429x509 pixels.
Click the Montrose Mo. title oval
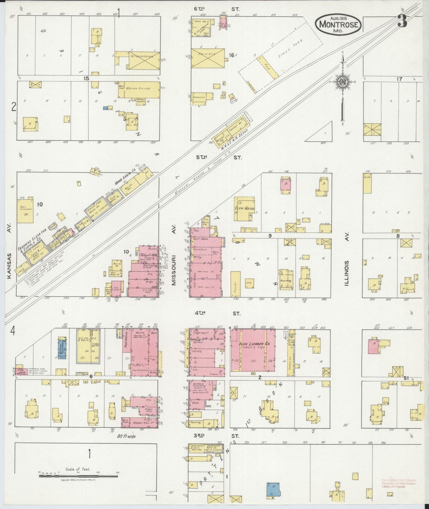[338, 24]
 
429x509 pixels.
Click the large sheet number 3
[403, 21]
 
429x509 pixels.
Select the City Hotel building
[244, 208]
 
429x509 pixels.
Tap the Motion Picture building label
[138, 88]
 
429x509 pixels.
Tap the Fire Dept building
[21, 371]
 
